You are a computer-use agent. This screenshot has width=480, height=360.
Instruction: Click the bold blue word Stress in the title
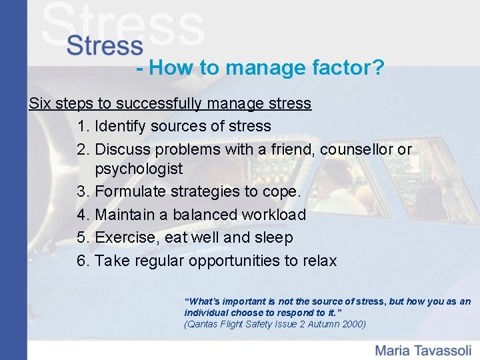(x=105, y=46)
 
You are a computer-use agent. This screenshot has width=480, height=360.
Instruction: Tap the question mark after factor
(x=378, y=67)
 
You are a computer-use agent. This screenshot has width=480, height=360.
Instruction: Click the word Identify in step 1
(x=121, y=126)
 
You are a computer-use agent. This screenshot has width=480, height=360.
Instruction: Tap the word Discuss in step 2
(x=123, y=149)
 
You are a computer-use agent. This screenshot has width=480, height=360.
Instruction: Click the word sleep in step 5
(x=273, y=237)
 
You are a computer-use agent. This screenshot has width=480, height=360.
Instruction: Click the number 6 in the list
(x=82, y=260)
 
